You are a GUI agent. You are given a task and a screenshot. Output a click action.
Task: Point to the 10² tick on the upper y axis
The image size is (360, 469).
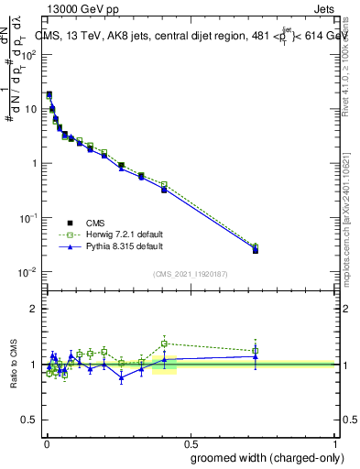[27, 54]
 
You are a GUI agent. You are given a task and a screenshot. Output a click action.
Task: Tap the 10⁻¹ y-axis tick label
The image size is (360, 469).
[27, 218]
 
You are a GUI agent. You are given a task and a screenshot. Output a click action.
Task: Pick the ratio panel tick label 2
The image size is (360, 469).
[34, 310]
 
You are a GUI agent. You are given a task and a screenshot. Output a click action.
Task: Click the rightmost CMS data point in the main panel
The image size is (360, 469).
[256, 250]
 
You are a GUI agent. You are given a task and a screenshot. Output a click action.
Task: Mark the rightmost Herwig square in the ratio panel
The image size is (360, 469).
[256, 350]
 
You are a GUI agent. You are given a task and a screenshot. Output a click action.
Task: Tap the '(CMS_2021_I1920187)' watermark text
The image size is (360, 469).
[190, 274]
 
